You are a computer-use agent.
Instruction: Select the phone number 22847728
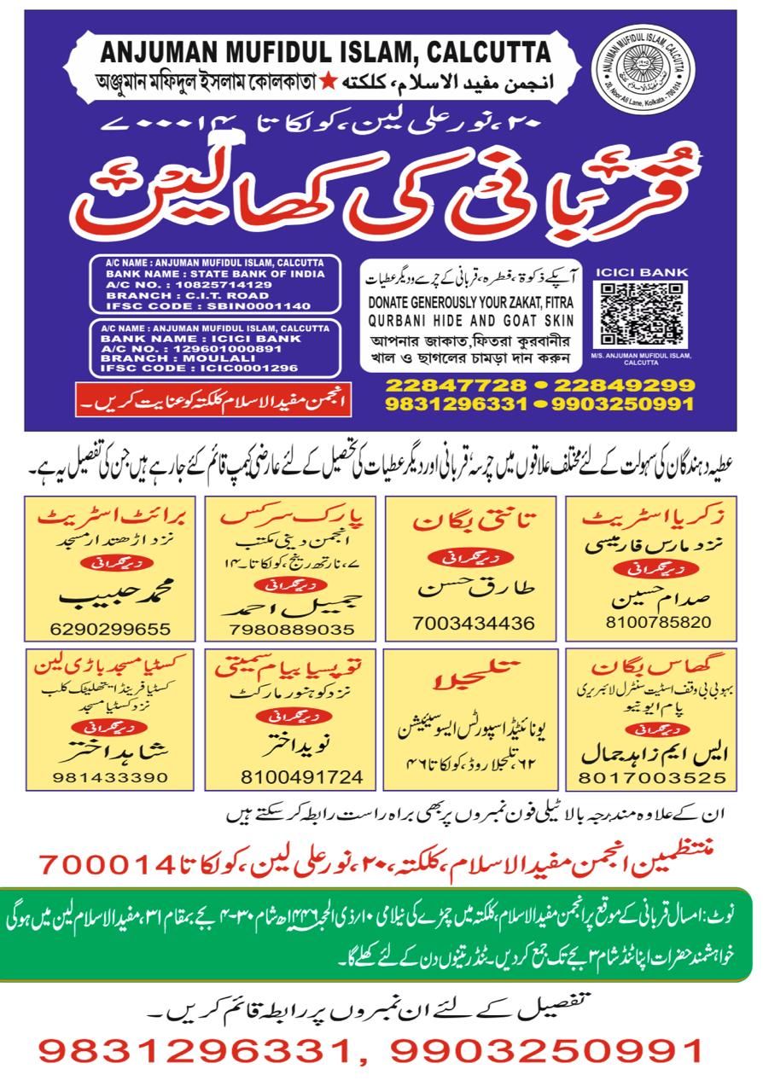coord(452,386)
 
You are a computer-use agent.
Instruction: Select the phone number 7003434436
coord(474,621)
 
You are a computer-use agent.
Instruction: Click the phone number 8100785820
coord(658,622)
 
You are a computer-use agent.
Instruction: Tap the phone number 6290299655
coord(110,630)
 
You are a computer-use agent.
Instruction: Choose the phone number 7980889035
coord(291,630)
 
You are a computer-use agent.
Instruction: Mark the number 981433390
coord(107,778)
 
